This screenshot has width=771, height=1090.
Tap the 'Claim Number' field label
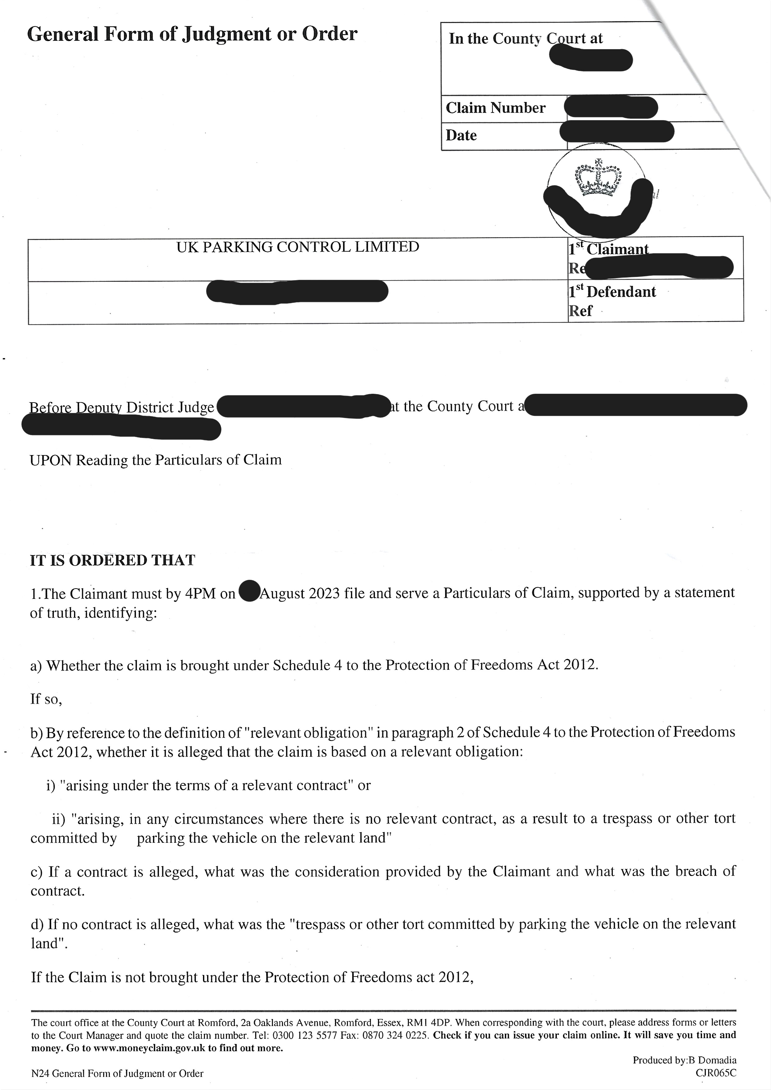tap(495, 108)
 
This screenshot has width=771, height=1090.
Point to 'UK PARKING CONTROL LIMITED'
tap(298, 247)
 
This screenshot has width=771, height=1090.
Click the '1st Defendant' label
tap(612, 291)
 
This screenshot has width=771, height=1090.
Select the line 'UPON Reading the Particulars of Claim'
tap(155, 460)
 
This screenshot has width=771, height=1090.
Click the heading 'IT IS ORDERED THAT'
tap(112, 561)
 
